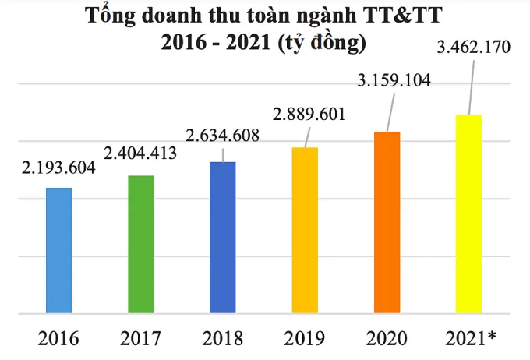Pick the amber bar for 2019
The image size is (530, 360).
pyautogui.click(x=305, y=231)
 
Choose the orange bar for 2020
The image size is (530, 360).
pyautogui.click(x=387, y=223)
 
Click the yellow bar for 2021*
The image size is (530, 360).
pyautogui.click(x=468, y=214)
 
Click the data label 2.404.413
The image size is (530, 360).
pyautogui.click(x=141, y=153)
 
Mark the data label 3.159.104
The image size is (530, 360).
pyautogui.click(x=394, y=80)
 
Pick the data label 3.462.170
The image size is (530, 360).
pyautogui.click(x=474, y=48)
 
